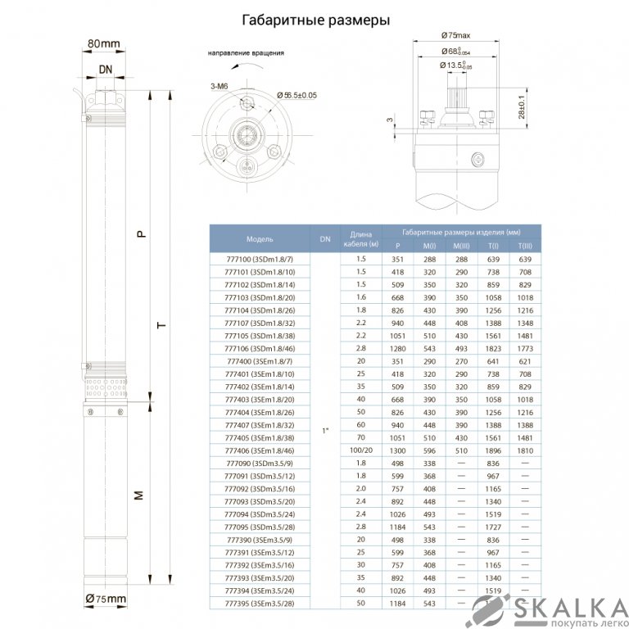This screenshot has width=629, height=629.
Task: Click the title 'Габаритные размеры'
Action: point(314,20)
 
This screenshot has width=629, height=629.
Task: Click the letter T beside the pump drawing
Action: point(161,325)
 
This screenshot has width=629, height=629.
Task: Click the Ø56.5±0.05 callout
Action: point(297,96)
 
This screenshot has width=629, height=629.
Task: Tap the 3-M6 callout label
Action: point(219,85)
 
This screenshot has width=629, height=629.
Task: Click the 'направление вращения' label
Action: point(247,54)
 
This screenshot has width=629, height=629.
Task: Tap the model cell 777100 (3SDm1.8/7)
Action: point(260,259)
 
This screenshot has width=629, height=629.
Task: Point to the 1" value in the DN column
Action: point(325,431)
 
